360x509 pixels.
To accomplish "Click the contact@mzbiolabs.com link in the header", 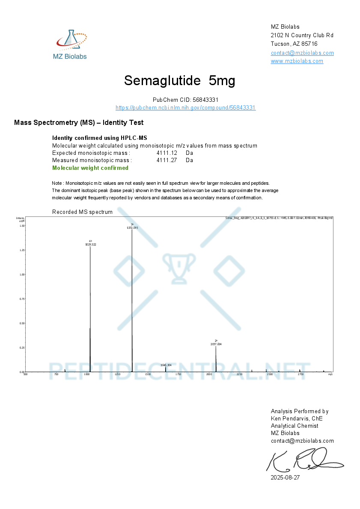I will (x=302, y=53).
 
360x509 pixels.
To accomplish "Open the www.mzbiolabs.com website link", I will (x=297, y=61).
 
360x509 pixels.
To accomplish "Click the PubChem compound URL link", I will (x=185, y=108).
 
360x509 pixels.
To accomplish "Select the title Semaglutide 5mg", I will (x=179, y=80).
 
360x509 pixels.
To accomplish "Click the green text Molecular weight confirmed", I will (x=90, y=168).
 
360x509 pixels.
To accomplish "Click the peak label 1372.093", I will (x=132, y=228).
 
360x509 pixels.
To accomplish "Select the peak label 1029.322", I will (x=90, y=244).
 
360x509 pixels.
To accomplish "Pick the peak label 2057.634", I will (x=216, y=344).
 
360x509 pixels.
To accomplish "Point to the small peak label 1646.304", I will (x=166, y=365).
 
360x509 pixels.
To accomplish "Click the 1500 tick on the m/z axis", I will (x=148, y=374).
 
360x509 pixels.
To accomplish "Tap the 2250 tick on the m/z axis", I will (x=239, y=374).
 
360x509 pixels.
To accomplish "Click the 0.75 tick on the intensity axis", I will (x=22, y=299).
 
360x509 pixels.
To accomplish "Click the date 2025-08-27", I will (x=285, y=477).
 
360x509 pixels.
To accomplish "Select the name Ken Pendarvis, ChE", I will (x=297, y=419).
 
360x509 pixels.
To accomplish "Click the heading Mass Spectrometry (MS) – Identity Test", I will (x=79, y=123).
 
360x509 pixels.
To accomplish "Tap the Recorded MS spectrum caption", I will (x=82, y=212).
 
